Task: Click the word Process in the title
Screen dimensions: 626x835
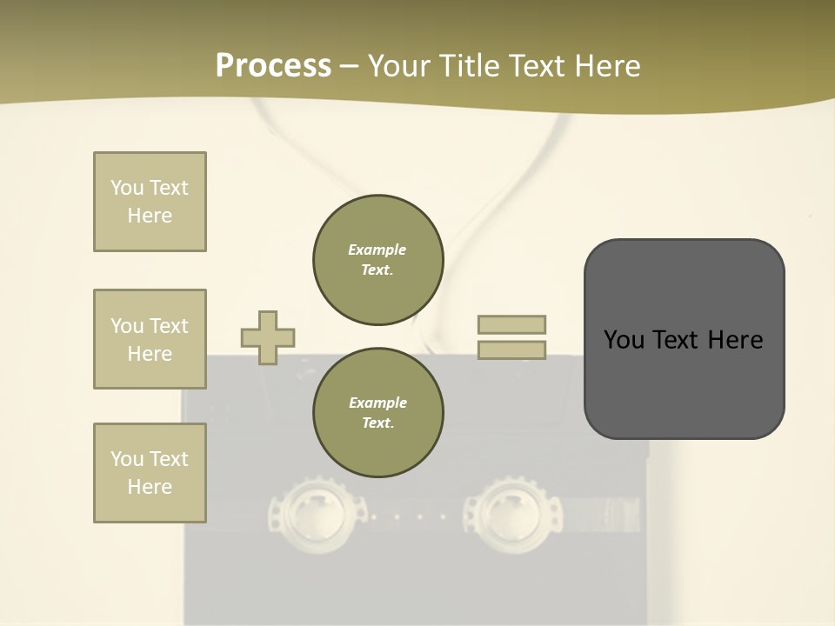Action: [273, 65]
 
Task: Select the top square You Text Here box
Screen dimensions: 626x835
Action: [150, 202]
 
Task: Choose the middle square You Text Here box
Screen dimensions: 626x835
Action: [150, 339]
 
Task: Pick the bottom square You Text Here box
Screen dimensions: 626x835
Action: [150, 473]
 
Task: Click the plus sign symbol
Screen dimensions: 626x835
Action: [268, 337]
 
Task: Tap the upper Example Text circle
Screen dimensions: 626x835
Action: [378, 259]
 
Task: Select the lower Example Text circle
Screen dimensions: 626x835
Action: [378, 412]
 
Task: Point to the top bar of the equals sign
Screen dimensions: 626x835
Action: [511, 324]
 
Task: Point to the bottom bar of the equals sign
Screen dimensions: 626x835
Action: [511, 350]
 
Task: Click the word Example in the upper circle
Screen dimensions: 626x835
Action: [377, 250]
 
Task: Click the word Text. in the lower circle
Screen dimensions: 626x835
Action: [377, 423]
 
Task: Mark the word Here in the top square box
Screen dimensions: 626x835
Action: [150, 216]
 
